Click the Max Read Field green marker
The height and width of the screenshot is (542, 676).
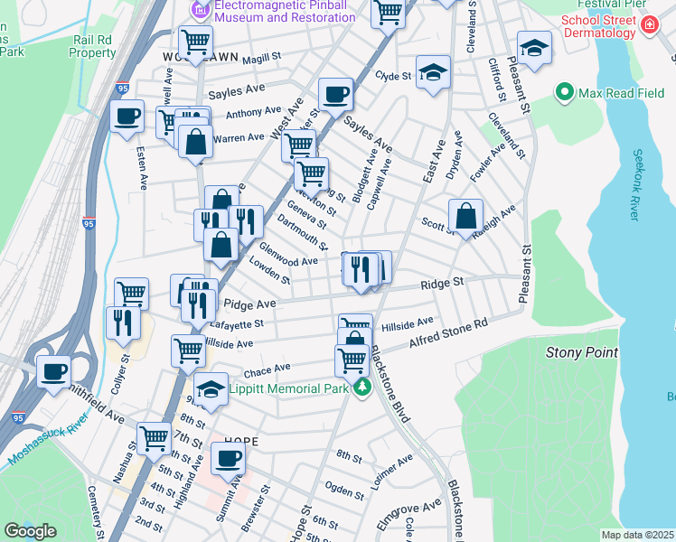point(565,92)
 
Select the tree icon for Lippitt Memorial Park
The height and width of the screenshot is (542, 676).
point(362,388)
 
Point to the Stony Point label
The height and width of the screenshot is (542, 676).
point(581,351)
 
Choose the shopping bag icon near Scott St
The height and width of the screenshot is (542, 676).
point(465,216)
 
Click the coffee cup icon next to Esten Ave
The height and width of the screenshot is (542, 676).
point(127,116)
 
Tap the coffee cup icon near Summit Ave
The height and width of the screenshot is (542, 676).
point(228,457)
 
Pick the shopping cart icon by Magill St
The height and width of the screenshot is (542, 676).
point(195,41)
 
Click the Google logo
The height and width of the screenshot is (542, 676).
point(31,531)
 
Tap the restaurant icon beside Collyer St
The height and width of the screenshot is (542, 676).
point(122,322)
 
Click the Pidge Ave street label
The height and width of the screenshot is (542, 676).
point(249,304)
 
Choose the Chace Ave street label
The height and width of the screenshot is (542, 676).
point(267,369)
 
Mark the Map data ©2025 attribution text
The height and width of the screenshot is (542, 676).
point(637,535)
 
